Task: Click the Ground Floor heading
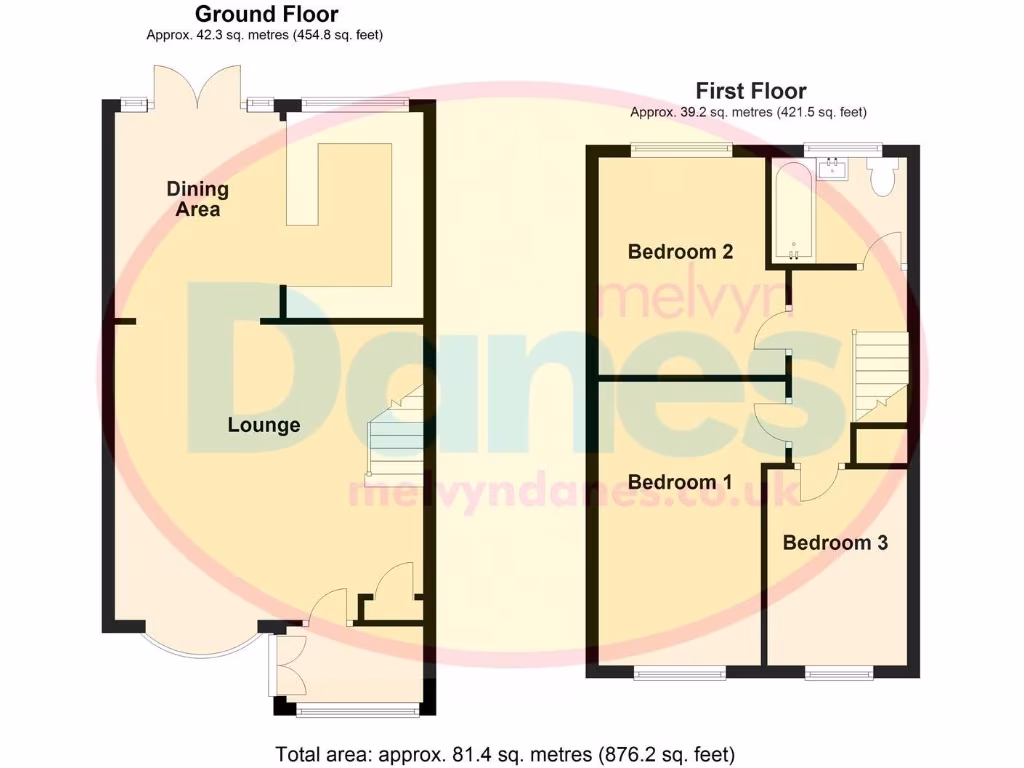[266, 14]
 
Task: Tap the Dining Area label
[197, 199]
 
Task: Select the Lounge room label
[264, 425]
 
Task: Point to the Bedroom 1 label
[680, 482]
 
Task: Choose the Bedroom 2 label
[680, 251]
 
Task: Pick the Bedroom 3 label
[835, 543]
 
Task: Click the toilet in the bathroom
[881, 178]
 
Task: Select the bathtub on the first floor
[793, 210]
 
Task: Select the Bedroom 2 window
[680, 150]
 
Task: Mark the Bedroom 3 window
[839, 673]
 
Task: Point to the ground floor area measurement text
[265, 35]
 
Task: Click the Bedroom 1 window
[680, 673]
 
